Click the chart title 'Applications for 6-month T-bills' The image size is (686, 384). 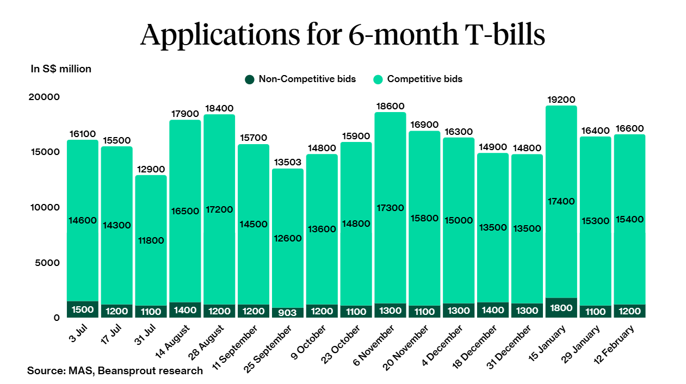[343, 35]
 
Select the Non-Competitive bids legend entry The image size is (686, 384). [300, 79]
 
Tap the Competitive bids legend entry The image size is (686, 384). [418, 79]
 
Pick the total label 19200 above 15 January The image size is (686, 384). [561, 100]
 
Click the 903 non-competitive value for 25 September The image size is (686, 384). [288, 313]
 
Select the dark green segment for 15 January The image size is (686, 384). [561, 308]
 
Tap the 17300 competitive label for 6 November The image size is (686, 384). [390, 208]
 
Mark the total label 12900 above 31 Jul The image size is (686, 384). [151, 169]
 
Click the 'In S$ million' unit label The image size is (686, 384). [61, 69]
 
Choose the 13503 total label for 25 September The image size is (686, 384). [288, 163]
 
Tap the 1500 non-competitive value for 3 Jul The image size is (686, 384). [82, 310]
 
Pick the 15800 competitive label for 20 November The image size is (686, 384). [424, 218]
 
